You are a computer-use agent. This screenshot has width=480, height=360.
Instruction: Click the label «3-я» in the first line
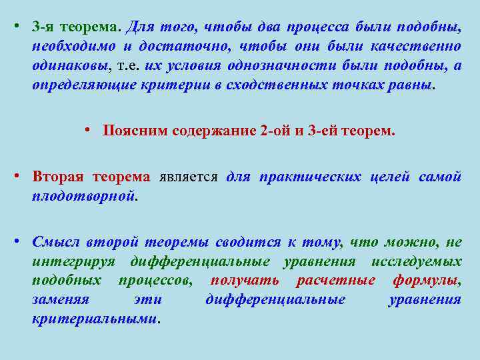pos(43,27)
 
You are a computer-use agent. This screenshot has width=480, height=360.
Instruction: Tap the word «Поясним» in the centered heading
pos(131,131)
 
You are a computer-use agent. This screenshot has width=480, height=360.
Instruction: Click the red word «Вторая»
pos(58,177)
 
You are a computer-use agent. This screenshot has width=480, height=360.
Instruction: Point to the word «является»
pos(189,177)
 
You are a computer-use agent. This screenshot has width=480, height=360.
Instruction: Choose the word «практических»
pos(309,177)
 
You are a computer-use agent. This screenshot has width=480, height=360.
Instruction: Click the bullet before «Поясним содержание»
pos(89,131)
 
